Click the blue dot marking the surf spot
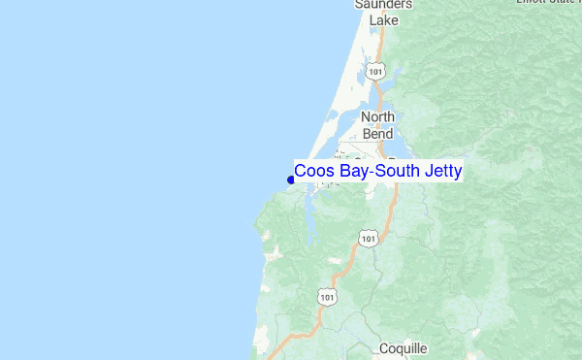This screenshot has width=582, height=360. click(x=291, y=179)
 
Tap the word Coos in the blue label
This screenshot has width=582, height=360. click(x=313, y=172)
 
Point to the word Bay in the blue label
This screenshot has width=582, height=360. click(x=351, y=172)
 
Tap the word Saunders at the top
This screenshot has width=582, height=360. click(x=383, y=5)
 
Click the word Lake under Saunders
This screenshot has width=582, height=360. click(x=383, y=19)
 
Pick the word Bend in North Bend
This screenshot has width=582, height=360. click(x=378, y=133)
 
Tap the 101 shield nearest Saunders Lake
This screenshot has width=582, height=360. click(x=376, y=71)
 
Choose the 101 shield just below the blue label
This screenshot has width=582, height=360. click(x=367, y=238)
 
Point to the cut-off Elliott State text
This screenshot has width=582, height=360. click(x=547, y=3)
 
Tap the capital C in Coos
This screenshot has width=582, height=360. click(x=301, y=172)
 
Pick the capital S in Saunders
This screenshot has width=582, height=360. click(x=358, y=5)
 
